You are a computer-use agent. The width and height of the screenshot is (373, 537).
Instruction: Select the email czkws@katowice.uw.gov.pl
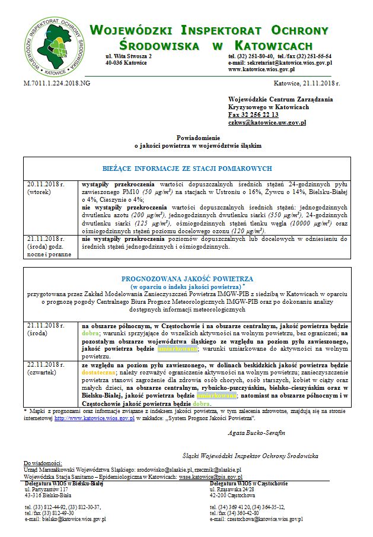point(267,122)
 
